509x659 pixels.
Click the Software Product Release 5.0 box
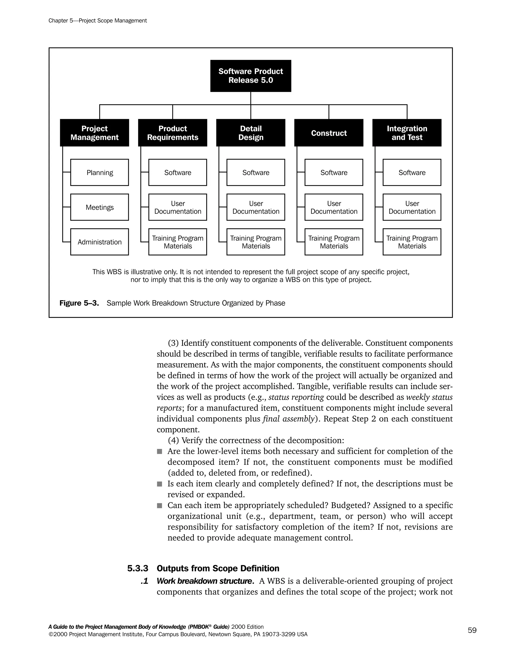pos(251,76)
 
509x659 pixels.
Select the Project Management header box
pos(94,133)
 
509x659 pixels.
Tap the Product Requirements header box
pos(172,133)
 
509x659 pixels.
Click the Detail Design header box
pos(251,133)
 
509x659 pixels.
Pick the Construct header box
pos(329,133)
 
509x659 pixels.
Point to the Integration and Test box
pos(407,133)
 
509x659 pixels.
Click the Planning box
pos(99,172)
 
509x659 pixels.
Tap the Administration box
pos(99,242)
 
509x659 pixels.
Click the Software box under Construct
pos(334,172)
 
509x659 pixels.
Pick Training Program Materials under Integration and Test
pos(412,242)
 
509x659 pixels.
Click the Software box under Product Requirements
pos(178,172)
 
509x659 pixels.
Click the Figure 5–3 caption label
pos(79,303)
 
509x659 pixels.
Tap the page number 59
pos(472,630)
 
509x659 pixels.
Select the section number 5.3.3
pos(137,568)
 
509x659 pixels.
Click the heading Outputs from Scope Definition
pos(218,568)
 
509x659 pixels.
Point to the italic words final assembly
pos(289,419)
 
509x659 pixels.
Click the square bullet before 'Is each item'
pos(160,484)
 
